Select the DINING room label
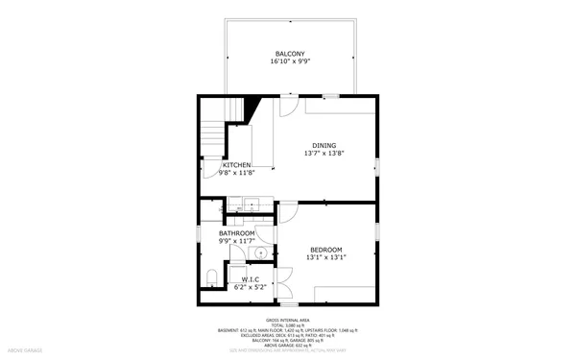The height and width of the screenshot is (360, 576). [324, 145]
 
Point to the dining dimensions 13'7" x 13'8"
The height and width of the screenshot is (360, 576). [324, 154]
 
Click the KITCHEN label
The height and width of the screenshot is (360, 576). [237, 165]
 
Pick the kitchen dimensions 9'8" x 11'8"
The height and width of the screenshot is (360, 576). [237, 173]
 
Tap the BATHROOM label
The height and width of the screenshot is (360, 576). [236, 233]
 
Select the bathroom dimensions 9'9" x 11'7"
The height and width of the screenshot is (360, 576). [236, 241]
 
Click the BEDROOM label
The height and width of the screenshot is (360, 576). [325, 250]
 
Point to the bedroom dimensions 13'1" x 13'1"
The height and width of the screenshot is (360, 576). [325, 257]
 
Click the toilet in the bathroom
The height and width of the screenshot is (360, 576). [210, 280]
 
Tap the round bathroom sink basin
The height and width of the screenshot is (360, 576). [259, 252]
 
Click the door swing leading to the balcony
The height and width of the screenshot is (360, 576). [288, 106]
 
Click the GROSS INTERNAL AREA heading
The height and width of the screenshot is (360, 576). [291, 320]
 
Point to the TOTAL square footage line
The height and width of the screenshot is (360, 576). [291, 325]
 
